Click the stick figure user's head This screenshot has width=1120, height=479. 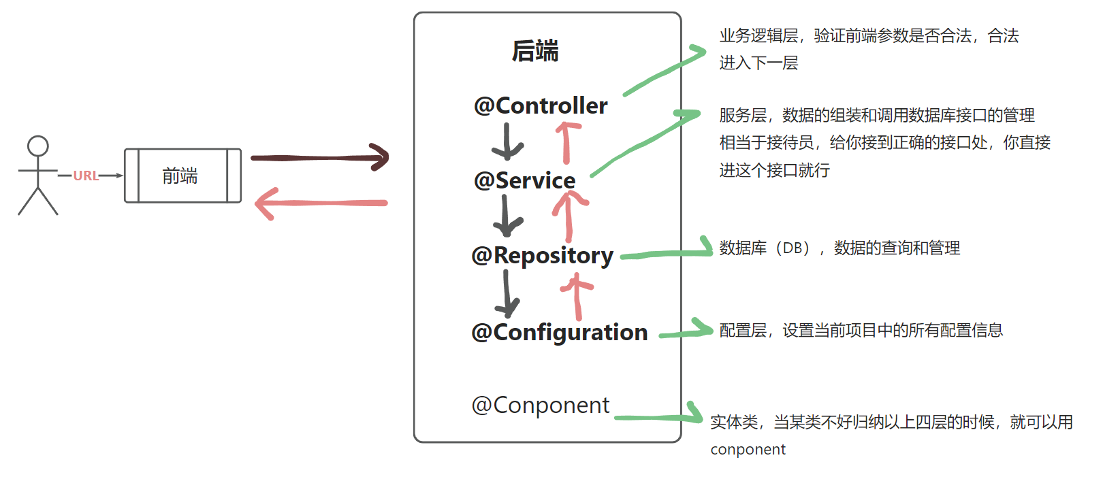(38, 146)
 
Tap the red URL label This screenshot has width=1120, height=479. (86, 176)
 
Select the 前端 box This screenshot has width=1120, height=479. (182, 176)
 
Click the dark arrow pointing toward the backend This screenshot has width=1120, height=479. (320, 158)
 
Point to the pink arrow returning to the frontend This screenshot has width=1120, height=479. (320, 203)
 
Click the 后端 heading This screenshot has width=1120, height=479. (535, 51)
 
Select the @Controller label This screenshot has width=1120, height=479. (541, 105)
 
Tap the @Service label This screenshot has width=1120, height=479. (524, 180)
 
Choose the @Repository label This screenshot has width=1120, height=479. (542, 256)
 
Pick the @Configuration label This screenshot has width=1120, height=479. (559, 332)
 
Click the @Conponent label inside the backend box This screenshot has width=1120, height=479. (540, 406)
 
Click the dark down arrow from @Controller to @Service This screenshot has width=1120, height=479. (507, 142)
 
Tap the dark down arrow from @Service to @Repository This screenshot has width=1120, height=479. (505, 216)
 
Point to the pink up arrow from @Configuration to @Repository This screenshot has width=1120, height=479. (577, 296)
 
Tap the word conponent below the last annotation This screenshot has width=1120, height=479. (748, 450)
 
